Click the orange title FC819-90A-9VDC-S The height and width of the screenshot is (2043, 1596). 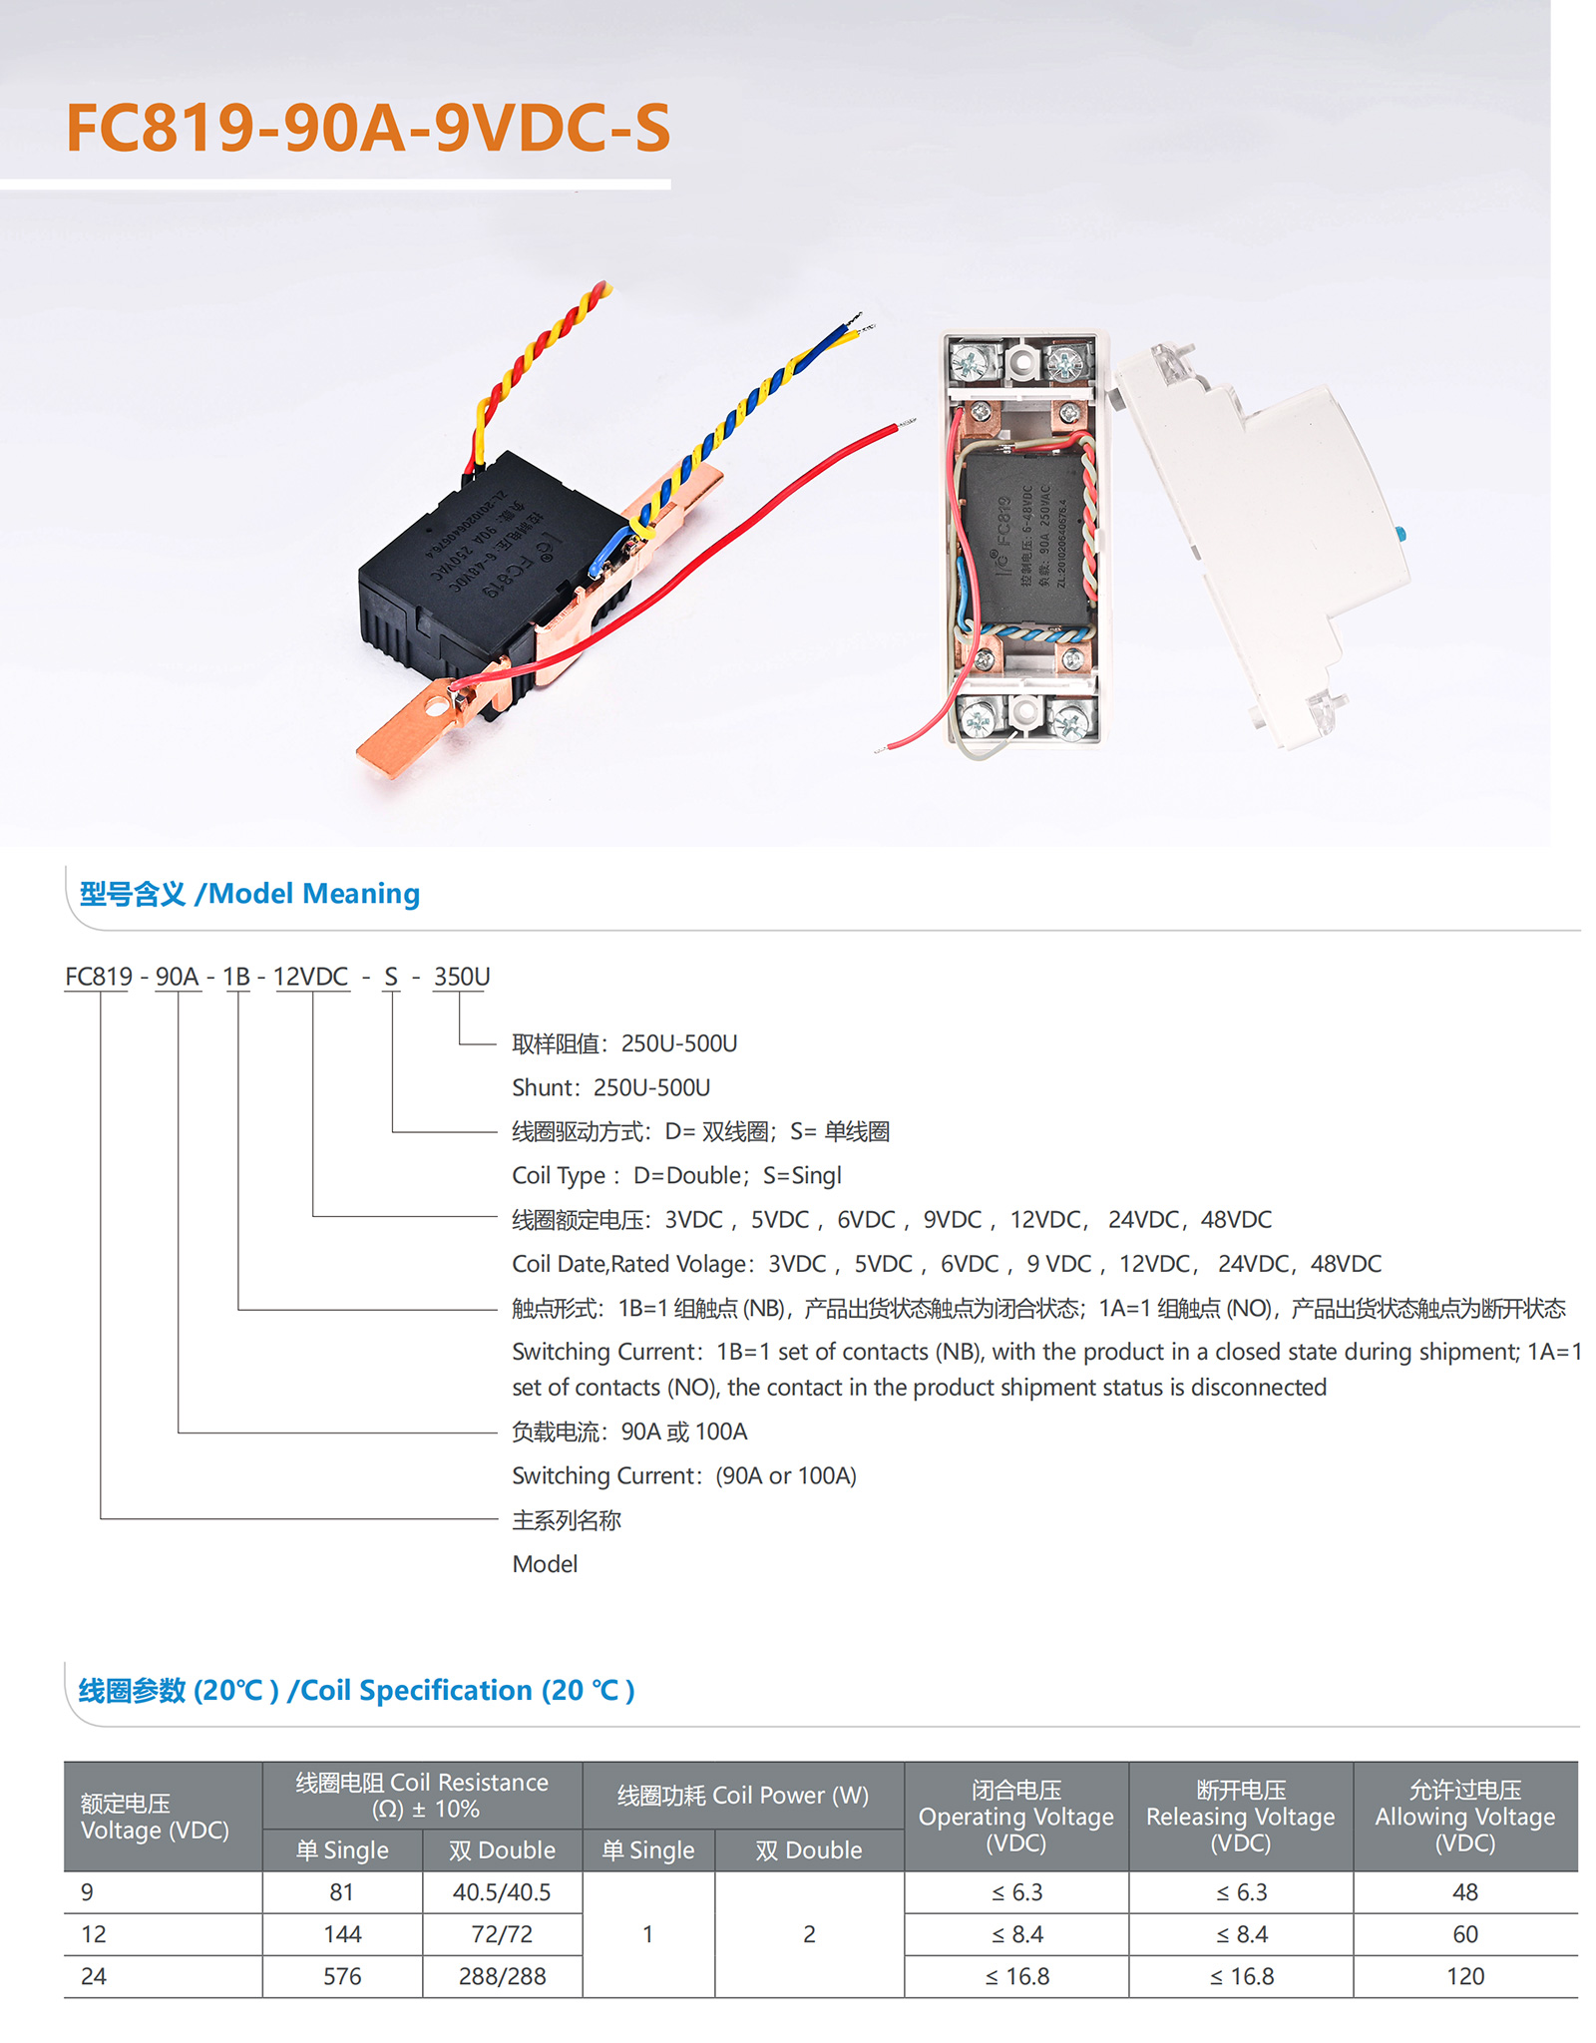pyautogui.click(x=367, y=129)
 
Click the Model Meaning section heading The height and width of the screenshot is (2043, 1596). pyautogui.click(x=249, y=894)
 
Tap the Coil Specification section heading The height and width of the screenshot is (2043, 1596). pyautogui.click(x=356, y=1691)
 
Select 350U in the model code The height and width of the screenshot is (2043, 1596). pyautogui.click(x=461, y=977)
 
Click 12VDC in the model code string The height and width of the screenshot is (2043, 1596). pyautogui.click(x=310, y=977)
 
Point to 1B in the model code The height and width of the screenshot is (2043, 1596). pyautogui.click(x=236, y=977)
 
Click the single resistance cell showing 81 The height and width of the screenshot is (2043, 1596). pyautogui.click(x=342, y=1892)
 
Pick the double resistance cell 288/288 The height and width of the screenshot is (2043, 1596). pyautogui.click(x=502, y=1976)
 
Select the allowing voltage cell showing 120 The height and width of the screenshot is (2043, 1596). pyautogui.click(x=1464, y=1976)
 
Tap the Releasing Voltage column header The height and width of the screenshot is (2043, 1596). pyautogui.click(x=1240, y=1817)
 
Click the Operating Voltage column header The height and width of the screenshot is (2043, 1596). pyautogui.click(x=1015, y=1817)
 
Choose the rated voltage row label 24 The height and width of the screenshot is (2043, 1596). pyautogui.click(x=94, y=1976)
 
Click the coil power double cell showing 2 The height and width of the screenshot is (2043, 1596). pyautogui.click(x=809, y=1934)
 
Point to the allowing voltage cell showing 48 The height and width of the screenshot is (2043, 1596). pyautogui.click(x=1464, y=1892)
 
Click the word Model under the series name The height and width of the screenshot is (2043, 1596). pyautogui.click(x=545, y=1564)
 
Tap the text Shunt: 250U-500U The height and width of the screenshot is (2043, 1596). pyautogui.click(x=610, y=1087)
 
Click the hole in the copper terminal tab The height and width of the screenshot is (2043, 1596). pyautogui.click(x=436, y=707)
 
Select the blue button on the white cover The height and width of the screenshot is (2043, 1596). pyautogui.click(x=1400, y=533)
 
